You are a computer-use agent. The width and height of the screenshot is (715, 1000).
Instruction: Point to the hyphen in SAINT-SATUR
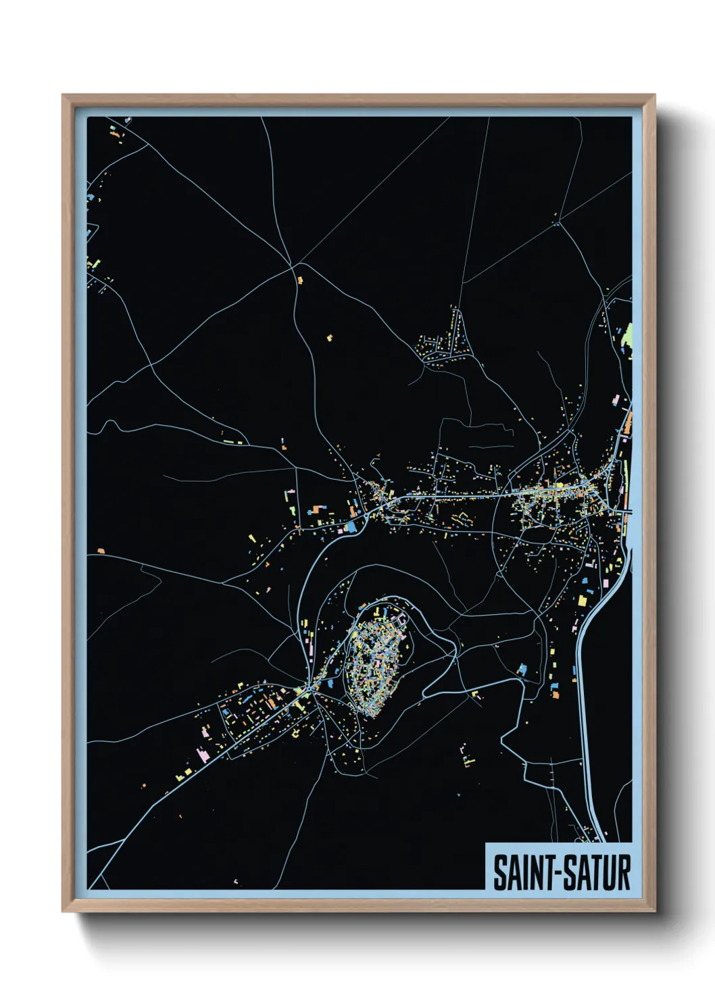click(x=559, y=874)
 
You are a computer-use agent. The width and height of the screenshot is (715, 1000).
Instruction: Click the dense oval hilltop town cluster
click(x=376, y=656)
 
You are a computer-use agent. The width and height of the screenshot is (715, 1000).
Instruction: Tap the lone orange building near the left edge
click(x=101, y=551)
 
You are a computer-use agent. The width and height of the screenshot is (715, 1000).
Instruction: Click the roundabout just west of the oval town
click(x=308, y=689)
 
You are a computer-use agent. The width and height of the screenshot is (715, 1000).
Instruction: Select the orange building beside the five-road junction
click(x=300, y=280)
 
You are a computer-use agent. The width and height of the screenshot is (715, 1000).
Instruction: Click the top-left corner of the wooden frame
click(x=64, y=96)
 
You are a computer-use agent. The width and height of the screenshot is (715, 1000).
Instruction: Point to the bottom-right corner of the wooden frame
click(x=654, y=910)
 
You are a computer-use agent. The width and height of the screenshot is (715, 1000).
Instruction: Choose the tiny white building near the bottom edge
click(x=235, y=881)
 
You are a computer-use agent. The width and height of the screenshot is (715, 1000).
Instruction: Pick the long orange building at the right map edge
click(x=628, y=423)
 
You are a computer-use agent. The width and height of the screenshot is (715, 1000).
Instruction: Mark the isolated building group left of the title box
click(x=466, y=756)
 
